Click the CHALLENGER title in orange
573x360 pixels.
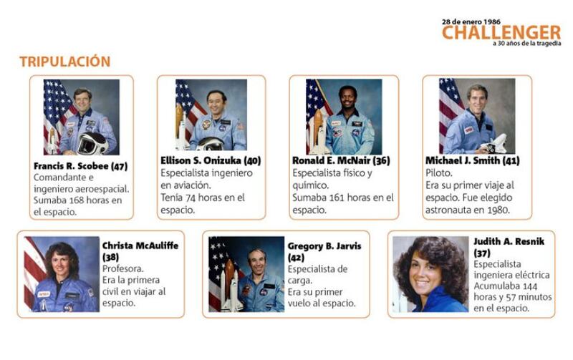[x=501, y=32]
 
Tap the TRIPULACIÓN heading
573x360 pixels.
[x=64, y=62]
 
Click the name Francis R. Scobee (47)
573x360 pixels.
[x=80, y=166]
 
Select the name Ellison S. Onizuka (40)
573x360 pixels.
[x=211, y=160]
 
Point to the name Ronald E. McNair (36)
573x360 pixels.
[x=341, y=160]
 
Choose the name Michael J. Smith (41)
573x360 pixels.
[x=472, y=160]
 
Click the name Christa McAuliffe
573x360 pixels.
[x=140, y=245]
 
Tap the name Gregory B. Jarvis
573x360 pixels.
[x=324, y=246]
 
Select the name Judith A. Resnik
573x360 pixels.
[x=509, y=241]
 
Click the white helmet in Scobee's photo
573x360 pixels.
[x=92, y=143]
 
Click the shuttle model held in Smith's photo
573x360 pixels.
[x=495, y=143]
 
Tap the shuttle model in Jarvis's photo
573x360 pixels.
[x=230, y=286]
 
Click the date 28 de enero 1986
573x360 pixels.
[x=471, y=22]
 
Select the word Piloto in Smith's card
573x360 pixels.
[x=439, y=173]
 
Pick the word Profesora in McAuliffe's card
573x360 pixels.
[x=122, y=268]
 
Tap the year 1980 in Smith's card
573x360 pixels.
[x=498, y=210]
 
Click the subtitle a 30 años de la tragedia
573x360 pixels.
[x=526, y=44]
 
